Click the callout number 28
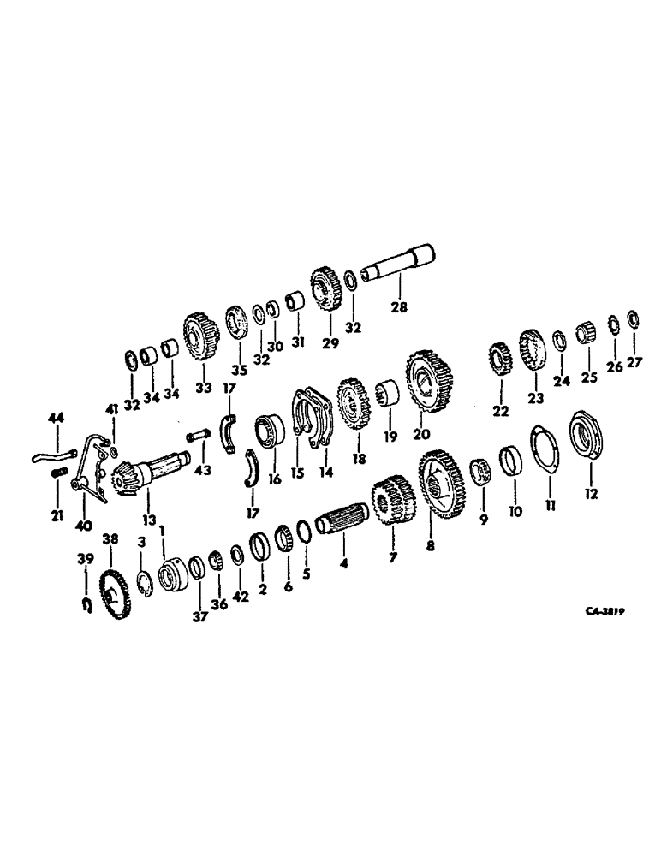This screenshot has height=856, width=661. point(398,306)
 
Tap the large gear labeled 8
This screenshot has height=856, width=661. point(442,487)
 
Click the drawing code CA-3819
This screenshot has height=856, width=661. point(603,612)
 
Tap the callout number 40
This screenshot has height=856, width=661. point(84,525)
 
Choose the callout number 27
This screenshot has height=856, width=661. point(634,362)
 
